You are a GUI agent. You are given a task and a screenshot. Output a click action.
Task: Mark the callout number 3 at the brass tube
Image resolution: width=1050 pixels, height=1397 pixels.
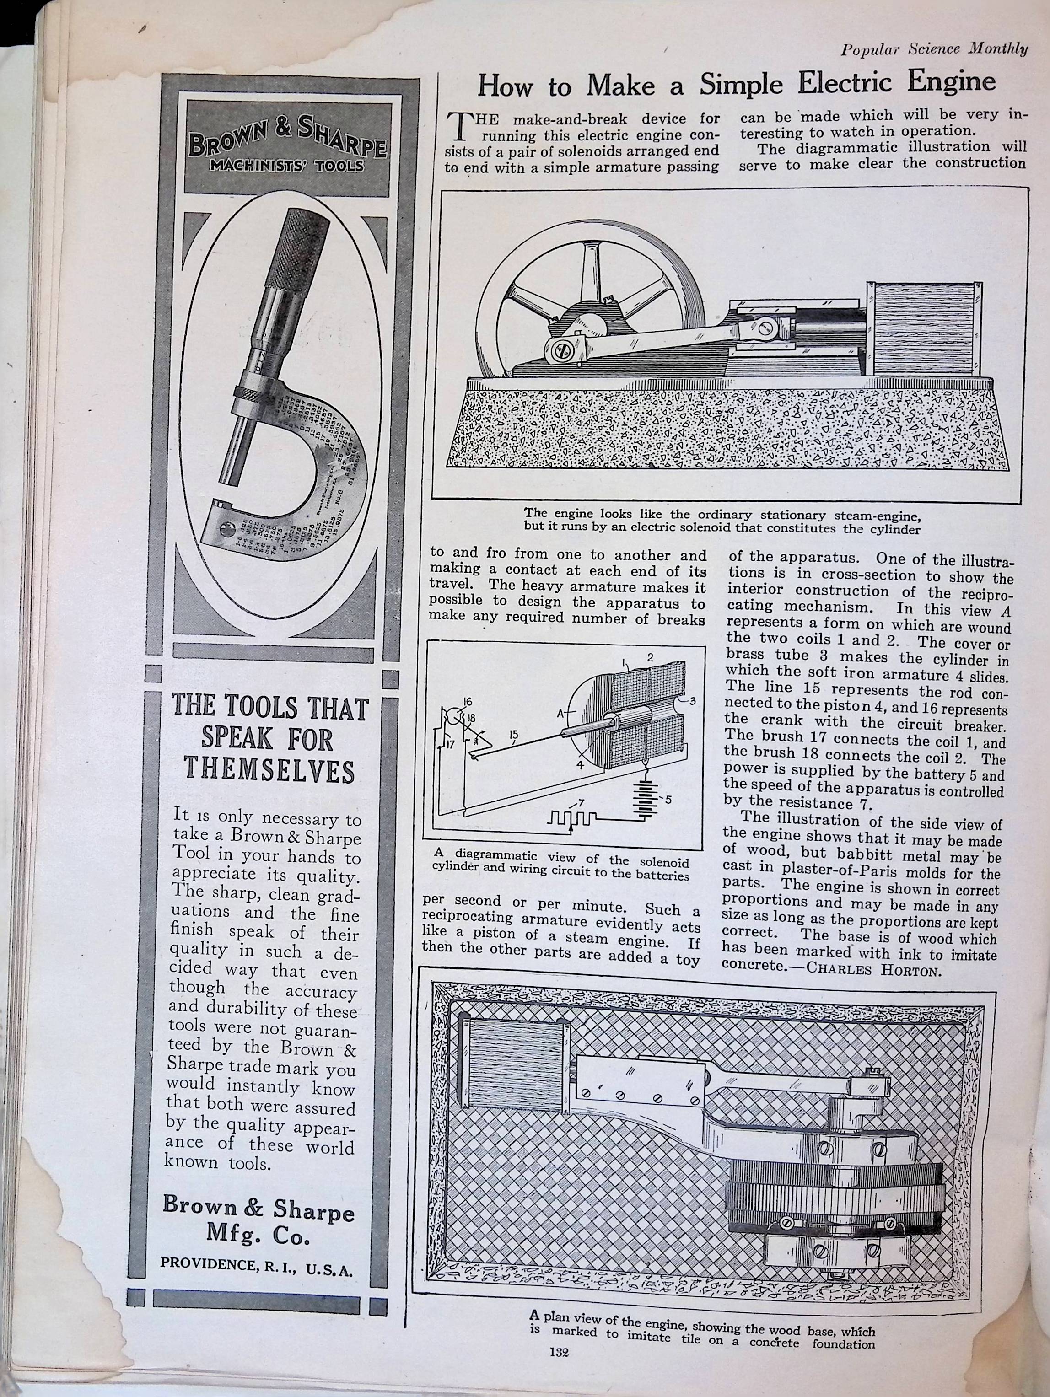[692, 700]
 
